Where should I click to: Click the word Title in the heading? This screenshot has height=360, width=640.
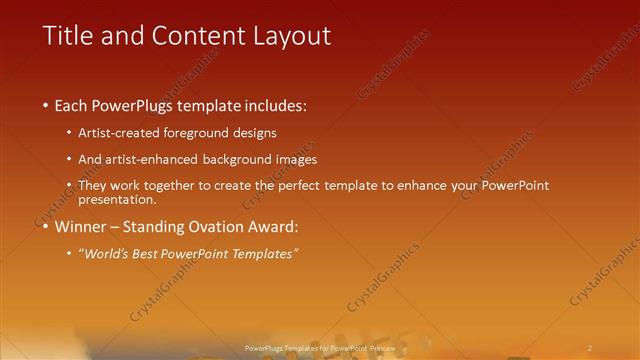pyautogui.click(x=66, y=36)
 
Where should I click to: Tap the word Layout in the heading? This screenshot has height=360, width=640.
pyautogui.click(x=290, y=36)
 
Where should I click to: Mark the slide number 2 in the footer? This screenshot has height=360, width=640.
pyautogui.click(x=590, y=346)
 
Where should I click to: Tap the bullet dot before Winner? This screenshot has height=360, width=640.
pyautogui.click(x=46, y=227)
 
